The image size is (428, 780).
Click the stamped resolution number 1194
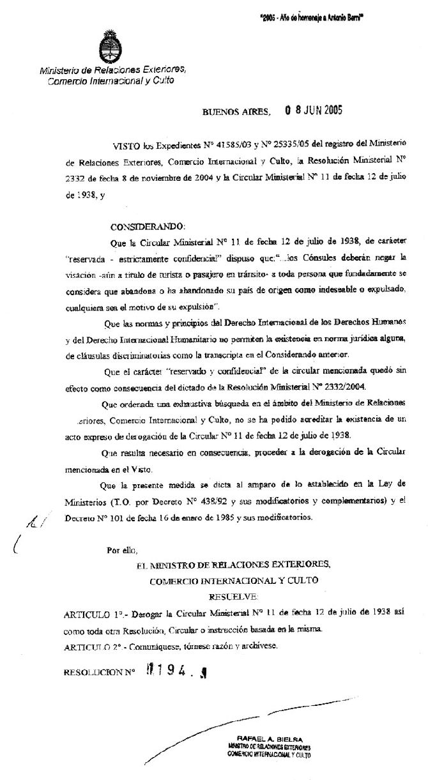(172, 671)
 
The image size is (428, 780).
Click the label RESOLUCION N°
(100, 673)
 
